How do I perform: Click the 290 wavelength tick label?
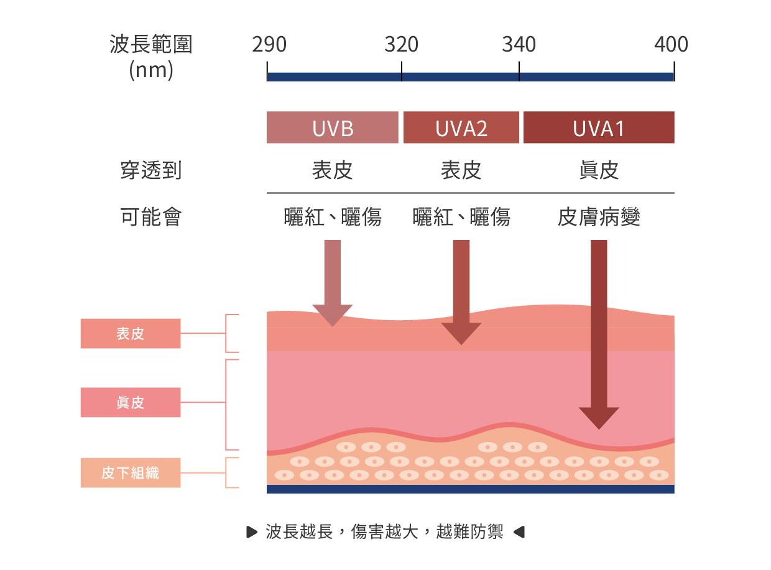[x=269, y=45]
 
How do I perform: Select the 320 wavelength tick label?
[x=402, y=45]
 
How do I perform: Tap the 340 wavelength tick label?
[x=519, y=45]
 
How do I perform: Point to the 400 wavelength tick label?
[x=671, y=45]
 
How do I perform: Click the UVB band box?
[x=333, y=127]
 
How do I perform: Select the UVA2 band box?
[x=461, y=127]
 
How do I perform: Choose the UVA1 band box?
[x=599, y=127]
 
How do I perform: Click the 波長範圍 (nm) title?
[x=151, y=57]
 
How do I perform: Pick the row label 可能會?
[x=151, y=217]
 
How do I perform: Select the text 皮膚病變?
[x=599, y=217]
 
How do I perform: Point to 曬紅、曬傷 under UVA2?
[x=461, y=217]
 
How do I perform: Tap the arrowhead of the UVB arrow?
[x=333, y=316]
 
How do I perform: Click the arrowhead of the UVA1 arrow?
[x=599, y=418]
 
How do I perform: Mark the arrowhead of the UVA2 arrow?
[x=461, y=334]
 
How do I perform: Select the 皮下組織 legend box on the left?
[x=131, y=473]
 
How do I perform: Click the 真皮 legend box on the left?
[x=131, y=402]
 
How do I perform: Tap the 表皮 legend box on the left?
[x=131, y=334]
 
